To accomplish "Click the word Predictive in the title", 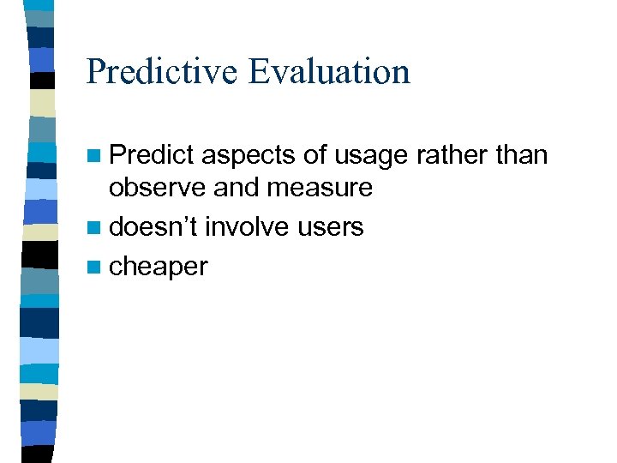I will [x=163, y=72].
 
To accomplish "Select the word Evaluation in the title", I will [x=329, y=72].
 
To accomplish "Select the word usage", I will [x=371, y=157].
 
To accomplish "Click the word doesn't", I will [x=154, y=226].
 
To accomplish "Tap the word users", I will [x=332, y=227].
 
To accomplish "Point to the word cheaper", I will [x=159, y=268].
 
